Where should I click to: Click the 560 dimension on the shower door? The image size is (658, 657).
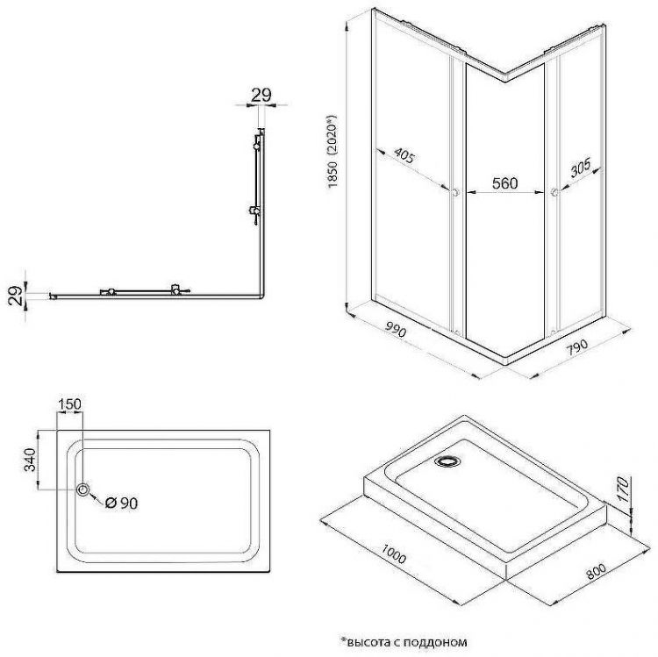[504, 183]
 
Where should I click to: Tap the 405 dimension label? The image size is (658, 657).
[404, 155]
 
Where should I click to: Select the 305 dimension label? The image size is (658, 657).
[581, 167]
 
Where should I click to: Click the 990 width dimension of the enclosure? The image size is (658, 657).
[395, 331]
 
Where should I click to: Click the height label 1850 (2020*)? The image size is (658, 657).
[333, 151]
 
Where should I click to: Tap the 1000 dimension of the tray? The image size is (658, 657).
[393, 553]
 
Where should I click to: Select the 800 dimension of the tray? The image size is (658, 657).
[597, 571]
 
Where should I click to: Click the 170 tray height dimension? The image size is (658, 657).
[623, 489]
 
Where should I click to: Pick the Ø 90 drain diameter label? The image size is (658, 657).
[122, 503]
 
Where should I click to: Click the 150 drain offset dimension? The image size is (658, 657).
[69, 404]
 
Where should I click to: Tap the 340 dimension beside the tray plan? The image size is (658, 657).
[30, 460]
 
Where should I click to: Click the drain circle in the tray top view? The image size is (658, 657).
[83, 489]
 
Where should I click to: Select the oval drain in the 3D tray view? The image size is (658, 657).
[448, 461]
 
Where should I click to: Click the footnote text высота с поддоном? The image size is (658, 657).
[404, 641]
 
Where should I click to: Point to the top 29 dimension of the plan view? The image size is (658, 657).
[261, 96]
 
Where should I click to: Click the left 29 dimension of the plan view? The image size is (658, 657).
[15, 296]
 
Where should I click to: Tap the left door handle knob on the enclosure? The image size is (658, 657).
[454, 193]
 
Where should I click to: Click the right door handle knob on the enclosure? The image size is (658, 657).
[554, 192]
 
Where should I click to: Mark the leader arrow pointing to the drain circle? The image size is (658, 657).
[96, 499]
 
